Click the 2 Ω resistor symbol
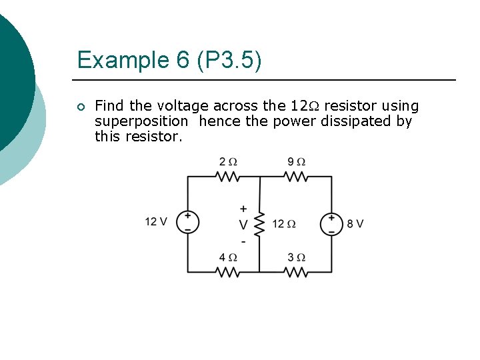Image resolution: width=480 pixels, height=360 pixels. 228,177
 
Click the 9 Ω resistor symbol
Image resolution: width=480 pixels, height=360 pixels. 295,177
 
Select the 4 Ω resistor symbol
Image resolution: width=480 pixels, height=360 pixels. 228,272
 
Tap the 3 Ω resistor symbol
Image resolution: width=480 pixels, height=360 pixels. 295,272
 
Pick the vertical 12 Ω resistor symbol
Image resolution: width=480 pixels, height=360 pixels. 259,223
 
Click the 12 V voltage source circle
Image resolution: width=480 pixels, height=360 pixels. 187,223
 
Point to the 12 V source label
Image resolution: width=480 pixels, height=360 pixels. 156,222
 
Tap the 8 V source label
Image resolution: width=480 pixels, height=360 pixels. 355,223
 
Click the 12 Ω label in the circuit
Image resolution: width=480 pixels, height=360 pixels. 283,223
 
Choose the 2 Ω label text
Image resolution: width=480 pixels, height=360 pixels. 228,162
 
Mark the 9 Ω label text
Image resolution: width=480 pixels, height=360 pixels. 296,162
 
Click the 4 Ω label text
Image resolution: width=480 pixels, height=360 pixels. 228,257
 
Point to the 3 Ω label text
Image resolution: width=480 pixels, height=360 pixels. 296,257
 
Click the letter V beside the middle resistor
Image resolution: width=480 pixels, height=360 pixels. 243,224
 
